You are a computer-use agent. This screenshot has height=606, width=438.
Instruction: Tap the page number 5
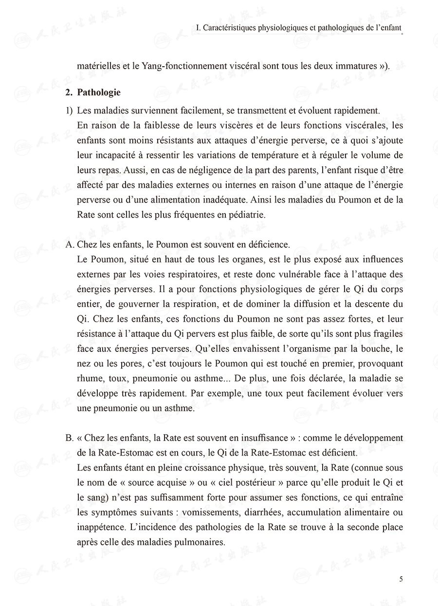click(401, 579)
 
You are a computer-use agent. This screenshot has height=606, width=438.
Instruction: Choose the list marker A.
click(70, 244)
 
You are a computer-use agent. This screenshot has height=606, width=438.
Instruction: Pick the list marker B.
click(70, 438)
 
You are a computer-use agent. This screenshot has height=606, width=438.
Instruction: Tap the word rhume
click(89, 379)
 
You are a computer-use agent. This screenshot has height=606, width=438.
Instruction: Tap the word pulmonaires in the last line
click(197, 541)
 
